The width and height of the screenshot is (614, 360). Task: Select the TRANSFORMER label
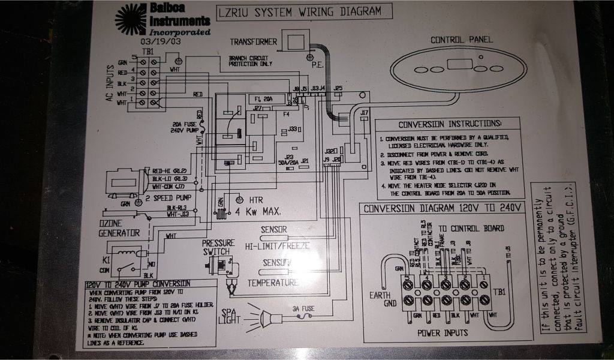pos(254,42)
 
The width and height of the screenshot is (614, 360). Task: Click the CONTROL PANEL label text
pos(462,40)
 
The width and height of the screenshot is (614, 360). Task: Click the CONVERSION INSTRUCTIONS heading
pos(450,124)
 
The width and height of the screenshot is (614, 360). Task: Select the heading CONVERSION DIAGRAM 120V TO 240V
pos(443,209)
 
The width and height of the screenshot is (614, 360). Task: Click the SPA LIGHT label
pos(230,317)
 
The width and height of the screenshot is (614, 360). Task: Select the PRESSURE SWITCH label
pos(217,248)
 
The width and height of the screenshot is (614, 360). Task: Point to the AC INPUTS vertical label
pos(110,83)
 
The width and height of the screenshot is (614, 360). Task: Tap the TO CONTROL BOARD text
pos(471,229)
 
